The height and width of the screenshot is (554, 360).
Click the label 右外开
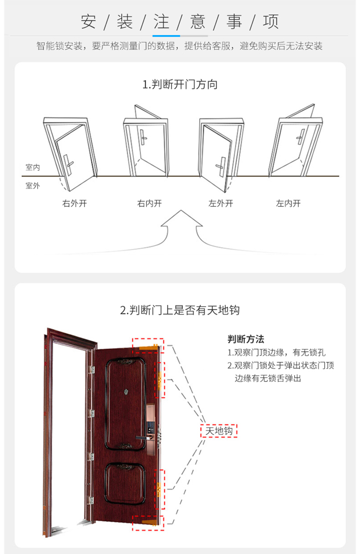[75, 203]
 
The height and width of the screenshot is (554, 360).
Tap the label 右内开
[149, 203]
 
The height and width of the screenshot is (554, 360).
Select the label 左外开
[221, 203]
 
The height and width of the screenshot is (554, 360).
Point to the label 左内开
[288, 203]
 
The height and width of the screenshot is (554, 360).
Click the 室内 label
[33, 167]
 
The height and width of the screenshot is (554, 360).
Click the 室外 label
[33, 186]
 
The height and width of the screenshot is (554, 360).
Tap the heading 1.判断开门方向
[180, 85]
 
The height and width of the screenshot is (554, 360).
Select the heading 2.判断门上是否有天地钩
[180, 310]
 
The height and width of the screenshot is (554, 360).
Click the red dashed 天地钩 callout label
[219, 431]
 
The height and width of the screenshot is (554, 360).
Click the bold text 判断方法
[246, 339]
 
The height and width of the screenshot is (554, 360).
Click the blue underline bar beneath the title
[166, 36]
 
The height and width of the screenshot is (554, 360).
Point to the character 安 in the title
[88, 22]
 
